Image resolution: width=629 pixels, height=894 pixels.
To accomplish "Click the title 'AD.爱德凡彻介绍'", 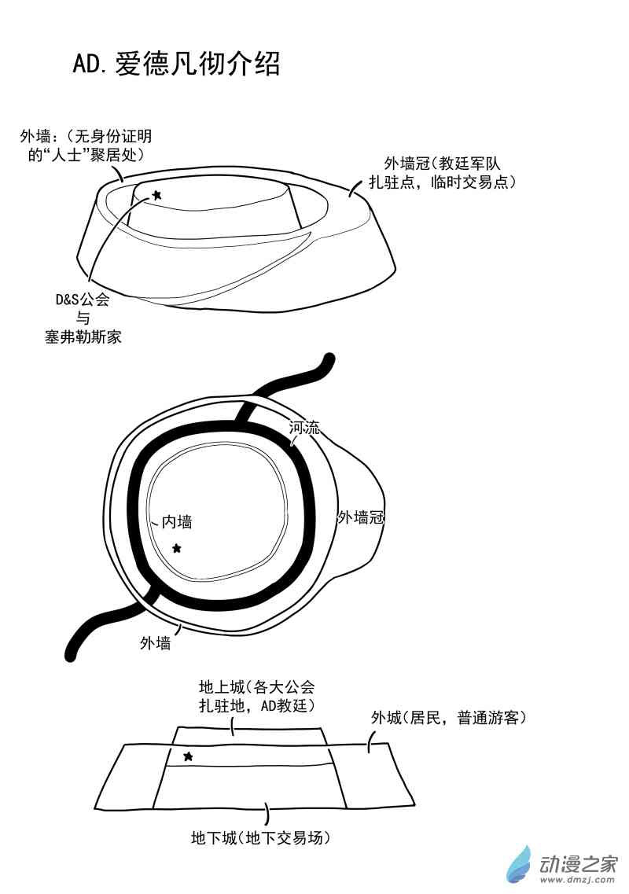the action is coord(176,63).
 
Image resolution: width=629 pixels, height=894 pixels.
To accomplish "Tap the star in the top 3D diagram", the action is coord(156,195).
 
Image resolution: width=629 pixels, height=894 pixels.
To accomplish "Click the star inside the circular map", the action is coord(177,548).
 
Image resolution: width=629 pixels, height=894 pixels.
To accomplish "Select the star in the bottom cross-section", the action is coord(188,756).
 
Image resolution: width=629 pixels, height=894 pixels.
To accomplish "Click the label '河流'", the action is coord(304,427).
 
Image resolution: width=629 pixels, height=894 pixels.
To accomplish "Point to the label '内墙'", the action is coord(177,521).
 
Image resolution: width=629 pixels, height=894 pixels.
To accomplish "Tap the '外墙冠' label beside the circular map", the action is coord(361,517).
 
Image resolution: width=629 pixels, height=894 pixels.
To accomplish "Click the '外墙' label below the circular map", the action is coord(155,643).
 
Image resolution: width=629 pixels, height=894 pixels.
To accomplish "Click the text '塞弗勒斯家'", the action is coord(83,337).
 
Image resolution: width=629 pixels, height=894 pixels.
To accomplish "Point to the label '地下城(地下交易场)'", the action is coord(260,837).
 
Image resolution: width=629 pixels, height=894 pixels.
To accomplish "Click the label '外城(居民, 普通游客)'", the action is coord(448,717).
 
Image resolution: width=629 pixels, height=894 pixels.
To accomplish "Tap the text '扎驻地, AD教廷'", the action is coord(256,705).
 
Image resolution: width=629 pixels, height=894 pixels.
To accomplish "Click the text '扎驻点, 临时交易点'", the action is coord(443,182).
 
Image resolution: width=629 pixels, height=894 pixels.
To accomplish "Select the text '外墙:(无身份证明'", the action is coord(86,136).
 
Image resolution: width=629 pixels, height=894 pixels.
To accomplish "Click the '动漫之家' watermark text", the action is coord(578,864).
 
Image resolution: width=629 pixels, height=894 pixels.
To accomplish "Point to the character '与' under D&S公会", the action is coord(83,318).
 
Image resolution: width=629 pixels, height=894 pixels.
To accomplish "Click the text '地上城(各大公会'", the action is coord(256,686).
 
